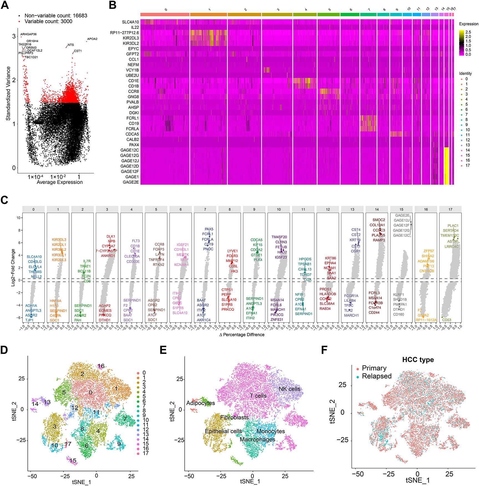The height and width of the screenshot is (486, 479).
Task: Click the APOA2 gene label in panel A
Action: tap(92, 39)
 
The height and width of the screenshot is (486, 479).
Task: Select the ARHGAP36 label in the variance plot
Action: tap(28, 34)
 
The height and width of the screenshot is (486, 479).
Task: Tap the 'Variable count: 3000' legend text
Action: tap(48, 21)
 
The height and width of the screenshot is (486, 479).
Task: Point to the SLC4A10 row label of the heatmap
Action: tap(130, 22)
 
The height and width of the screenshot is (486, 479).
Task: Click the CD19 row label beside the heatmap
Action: tap(134, 123)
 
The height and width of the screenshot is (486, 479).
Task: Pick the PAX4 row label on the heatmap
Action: tap(134, 145)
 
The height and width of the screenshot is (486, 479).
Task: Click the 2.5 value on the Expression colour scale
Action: tap(468, 32)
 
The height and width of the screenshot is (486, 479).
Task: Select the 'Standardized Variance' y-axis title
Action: tap(8, 93)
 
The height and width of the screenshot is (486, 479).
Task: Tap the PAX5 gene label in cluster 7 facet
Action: tap(209, 229)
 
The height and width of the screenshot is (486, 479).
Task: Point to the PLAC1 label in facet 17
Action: tap(453, 226)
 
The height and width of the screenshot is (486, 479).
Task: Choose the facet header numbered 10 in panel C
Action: tap(279, 209)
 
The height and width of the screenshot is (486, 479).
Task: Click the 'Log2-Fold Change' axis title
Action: tap(13, 267)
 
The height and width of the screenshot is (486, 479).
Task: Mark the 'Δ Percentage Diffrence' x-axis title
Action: tap(242, 335)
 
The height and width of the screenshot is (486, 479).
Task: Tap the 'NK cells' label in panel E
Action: tap(290, 389)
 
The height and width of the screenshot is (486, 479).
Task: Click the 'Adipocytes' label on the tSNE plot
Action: tap(201, 403)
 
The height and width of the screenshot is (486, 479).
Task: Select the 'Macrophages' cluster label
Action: tap(257, 440)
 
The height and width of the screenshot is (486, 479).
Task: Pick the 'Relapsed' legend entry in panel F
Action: tap(377, 376)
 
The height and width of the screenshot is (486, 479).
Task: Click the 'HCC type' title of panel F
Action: tap(418, 360)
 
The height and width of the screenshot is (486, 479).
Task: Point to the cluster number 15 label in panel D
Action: tap(73, 460)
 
